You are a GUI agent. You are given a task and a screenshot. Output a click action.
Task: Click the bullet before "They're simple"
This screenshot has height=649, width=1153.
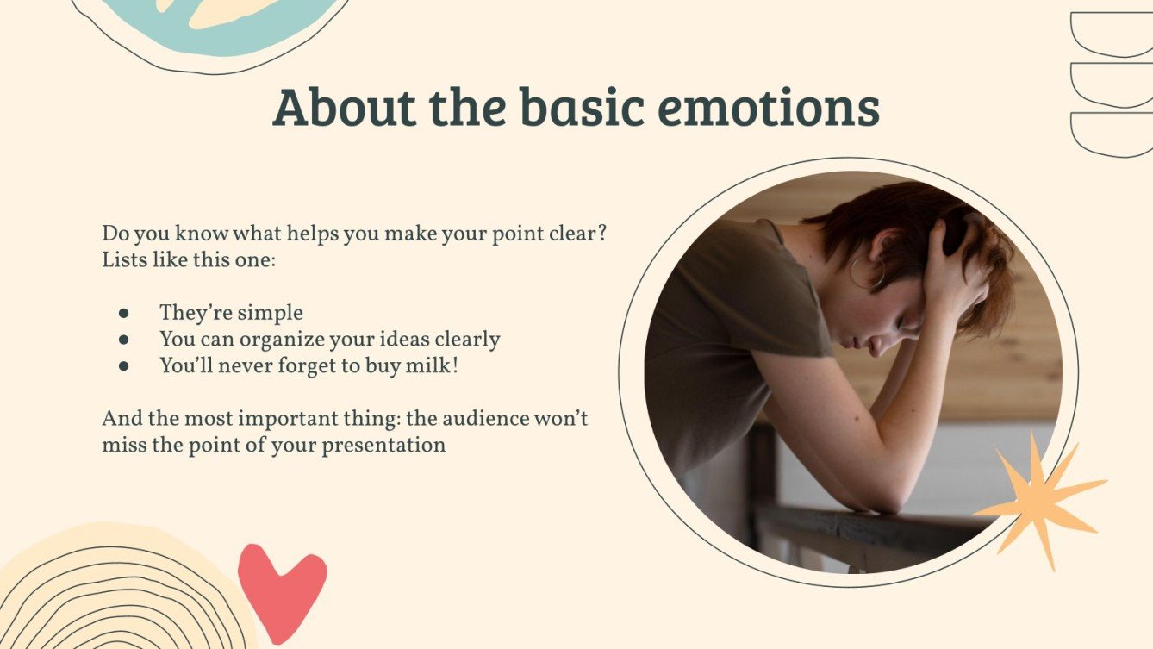pyautogui.click(x=123, y=313)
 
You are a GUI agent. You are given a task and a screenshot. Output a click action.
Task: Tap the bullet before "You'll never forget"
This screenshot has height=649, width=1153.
pyautogui.click(x=123, y=366)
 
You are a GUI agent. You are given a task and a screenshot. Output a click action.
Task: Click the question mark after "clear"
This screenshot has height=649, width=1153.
pyautogui.click(x=601, y=233)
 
